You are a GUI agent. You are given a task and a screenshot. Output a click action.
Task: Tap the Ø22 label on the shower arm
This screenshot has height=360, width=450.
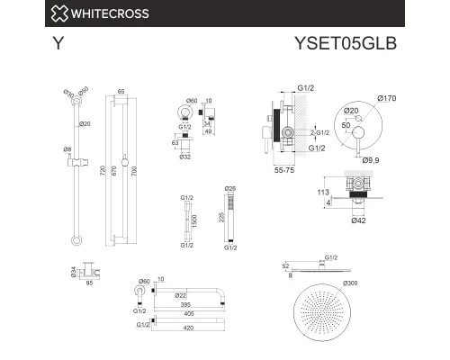point(180,295)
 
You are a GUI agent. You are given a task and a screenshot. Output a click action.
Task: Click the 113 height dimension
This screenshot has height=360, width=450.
point(322,193)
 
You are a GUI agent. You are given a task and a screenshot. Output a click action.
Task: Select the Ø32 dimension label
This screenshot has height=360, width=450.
point(184,157)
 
